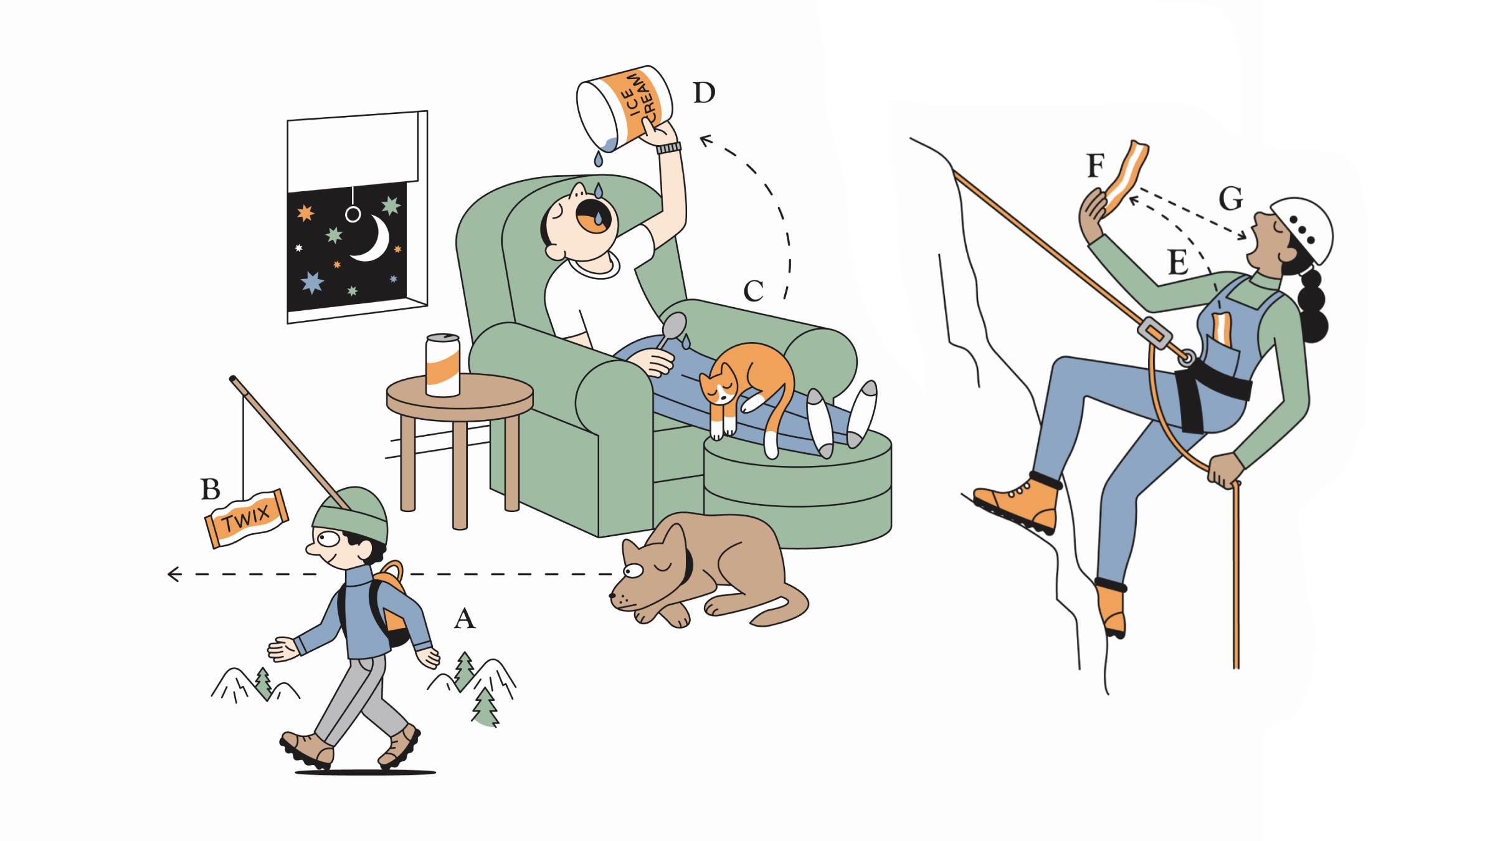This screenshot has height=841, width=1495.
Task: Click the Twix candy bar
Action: (x=247, y=518)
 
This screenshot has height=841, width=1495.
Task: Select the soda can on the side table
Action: (x=443, y=365)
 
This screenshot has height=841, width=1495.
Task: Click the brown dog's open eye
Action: (x=633, y=570)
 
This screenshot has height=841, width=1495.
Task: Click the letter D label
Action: (x=704, y=93)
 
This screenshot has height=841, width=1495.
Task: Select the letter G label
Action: (x=1231, y=199)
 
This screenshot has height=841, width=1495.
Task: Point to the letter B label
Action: (x=211, y=490)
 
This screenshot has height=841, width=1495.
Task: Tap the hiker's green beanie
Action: (x=350, y=515)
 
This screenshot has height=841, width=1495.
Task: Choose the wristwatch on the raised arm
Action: (x=668, y=148)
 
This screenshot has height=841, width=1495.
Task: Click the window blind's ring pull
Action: (x=353, y=215)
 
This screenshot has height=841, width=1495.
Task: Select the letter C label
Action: (x=754, y=291)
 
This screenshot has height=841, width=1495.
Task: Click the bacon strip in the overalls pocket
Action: (x=1222, y=330)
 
